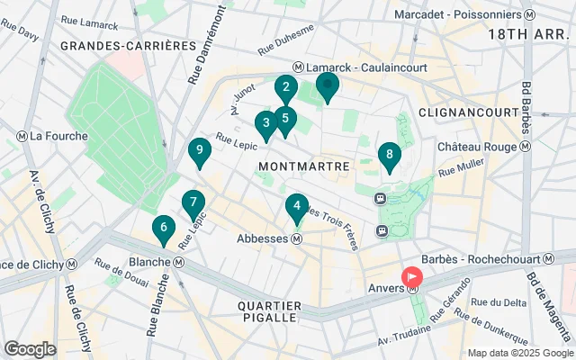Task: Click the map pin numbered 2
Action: click(285, 88)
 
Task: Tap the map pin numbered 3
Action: click(265, 123)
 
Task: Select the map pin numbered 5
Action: click(285, 118)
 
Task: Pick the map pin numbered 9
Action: click(199, 151)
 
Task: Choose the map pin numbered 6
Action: click(163, 229)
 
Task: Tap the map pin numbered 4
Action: click(296, 207)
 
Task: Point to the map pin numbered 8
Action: click(389, 156)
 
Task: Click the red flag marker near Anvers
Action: click(412, 276)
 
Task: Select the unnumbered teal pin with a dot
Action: click(327, 87)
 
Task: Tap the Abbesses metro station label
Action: click(267, 239)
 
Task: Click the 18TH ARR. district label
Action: click(526, 33)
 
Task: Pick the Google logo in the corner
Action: click(30, 349)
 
